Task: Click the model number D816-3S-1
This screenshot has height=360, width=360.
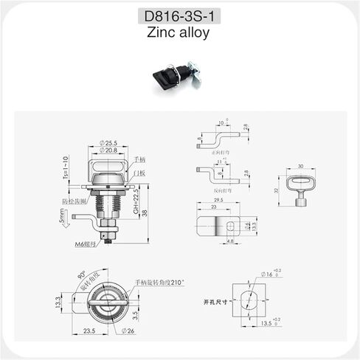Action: coord(179,17)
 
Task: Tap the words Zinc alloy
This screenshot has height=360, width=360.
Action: coord(179,33)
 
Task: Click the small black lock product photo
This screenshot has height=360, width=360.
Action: coord(174,76)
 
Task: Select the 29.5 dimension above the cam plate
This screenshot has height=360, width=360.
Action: coord(218,200)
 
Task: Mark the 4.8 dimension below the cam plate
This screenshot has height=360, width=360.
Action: coord(229,241)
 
